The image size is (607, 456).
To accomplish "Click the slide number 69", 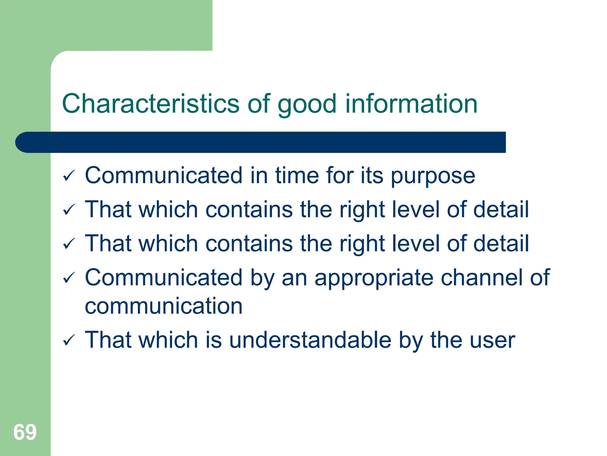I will point(25,432).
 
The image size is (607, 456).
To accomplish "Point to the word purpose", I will point(433,177).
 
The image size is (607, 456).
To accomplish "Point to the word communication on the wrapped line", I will point(164,306).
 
